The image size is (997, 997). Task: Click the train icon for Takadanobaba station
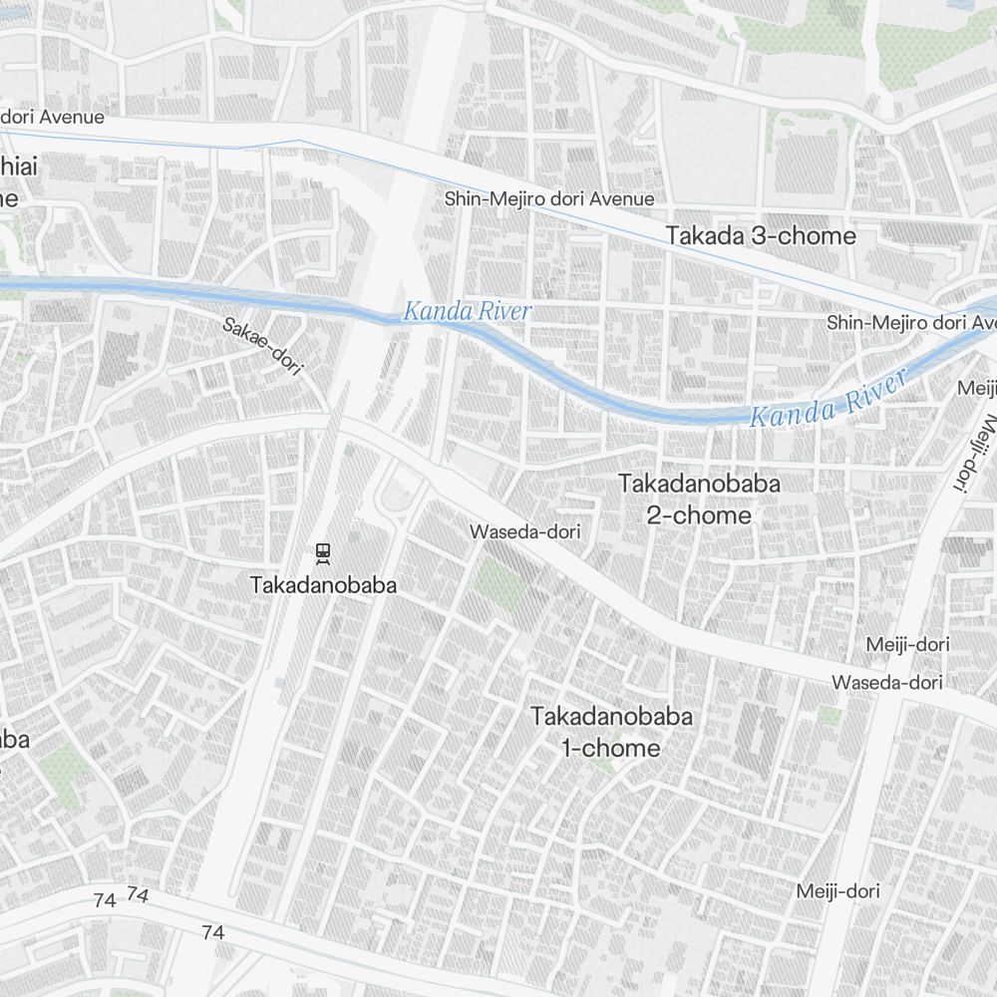322,551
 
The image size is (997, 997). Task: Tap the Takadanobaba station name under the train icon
323,585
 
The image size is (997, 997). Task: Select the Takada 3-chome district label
761,236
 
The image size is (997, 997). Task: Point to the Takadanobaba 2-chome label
685,499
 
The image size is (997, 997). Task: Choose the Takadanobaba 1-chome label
611,732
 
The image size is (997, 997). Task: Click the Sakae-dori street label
262,345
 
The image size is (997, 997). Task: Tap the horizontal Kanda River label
467,312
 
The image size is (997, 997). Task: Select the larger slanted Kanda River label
829,398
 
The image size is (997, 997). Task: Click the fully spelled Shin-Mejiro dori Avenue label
549,199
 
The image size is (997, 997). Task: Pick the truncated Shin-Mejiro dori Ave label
911,323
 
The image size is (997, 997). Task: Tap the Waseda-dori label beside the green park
524,532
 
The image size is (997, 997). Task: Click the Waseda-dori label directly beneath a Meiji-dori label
887,683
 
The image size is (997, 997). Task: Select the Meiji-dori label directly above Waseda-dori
907,644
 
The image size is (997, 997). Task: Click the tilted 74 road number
139,895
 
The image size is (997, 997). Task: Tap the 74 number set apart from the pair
212,933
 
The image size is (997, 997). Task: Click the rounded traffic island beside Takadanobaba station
397,496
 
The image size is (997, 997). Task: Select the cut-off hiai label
18,167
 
